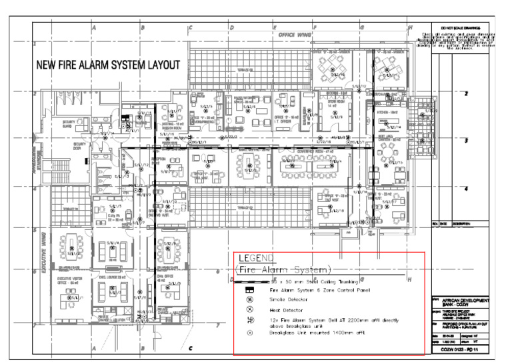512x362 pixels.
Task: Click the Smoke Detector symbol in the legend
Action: click(x=250, y=301)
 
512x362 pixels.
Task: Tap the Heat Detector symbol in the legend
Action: click(x=250, y=311)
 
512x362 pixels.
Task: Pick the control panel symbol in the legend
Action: click(x=250, y=291)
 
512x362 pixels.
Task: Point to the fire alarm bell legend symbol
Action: click(x=250, y=321)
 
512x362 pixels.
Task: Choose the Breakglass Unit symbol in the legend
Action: click(x=250, y=332)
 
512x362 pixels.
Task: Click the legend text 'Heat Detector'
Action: click(x=286, y=311)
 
